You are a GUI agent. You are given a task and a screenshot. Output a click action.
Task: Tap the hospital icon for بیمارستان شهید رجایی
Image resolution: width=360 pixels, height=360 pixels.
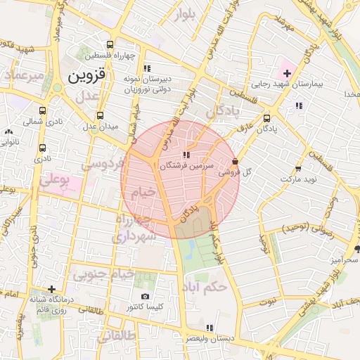coord(287,73)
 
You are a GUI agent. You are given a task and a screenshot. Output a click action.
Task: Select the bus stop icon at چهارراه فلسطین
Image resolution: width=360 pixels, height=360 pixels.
coord(109,46)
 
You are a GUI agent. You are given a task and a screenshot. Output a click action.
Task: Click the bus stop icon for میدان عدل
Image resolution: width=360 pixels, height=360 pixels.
coord(99,116)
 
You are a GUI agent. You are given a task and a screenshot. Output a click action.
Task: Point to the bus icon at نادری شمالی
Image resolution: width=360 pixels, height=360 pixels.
coord(44,111)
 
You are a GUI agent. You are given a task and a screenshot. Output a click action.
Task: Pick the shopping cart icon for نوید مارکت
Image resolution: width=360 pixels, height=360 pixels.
coord(298,168)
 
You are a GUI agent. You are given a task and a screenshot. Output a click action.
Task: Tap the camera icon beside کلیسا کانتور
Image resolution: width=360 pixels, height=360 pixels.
coord(145,297)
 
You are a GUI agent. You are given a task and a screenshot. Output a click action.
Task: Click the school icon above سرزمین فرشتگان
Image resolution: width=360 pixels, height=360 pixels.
coord(186,155)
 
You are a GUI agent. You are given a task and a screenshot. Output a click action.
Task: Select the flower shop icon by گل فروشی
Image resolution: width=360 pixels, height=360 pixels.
coord(234,161)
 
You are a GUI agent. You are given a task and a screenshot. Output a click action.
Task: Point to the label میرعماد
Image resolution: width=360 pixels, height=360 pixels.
coord(23,74)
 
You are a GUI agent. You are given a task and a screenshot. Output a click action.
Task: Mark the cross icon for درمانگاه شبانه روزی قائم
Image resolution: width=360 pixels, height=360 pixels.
coord(51,289)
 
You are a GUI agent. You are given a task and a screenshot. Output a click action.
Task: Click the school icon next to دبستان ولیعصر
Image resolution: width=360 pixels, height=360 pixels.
coord(209,328)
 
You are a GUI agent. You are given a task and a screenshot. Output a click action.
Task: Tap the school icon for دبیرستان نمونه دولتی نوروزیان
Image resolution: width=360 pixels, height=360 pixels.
coord(146,68)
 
